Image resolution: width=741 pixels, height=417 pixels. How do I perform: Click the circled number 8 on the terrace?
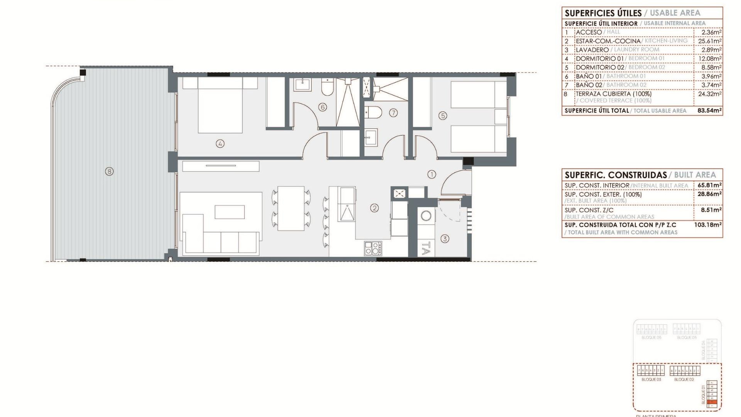(109, 171)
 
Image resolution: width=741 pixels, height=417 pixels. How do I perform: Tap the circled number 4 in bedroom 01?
(220, 144)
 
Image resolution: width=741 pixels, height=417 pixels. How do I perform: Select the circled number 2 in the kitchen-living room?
(374, 208)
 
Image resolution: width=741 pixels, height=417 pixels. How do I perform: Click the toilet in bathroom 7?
(373, 112)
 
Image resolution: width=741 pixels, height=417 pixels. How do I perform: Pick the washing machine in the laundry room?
(426, 215)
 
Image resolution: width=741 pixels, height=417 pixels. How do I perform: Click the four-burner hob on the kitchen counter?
(373, 248)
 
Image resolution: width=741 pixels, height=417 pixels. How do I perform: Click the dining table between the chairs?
(291, 208)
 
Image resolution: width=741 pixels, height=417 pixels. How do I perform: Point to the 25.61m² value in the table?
(710, 41)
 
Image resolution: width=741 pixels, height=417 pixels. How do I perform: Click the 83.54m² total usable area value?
(709, 110)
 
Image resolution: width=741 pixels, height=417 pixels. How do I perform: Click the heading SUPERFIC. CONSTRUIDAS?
(616, 175)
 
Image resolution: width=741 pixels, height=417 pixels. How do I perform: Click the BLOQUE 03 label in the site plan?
(651, 380)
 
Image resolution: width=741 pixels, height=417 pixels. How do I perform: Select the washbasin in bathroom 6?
(302, 84)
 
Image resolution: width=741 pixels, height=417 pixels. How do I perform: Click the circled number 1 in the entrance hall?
(432, 175)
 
